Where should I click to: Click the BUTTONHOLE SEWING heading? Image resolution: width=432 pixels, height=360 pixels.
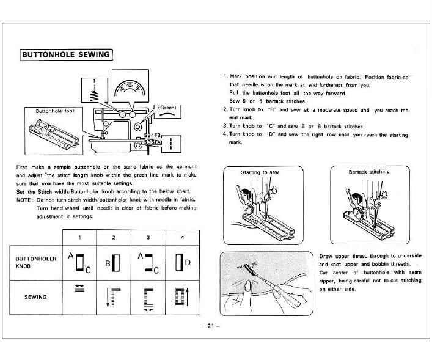click(66, 54)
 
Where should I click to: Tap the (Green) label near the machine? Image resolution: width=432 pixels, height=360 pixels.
click(167, 106)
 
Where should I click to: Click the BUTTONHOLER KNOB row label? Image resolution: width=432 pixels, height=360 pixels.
click(36, 262)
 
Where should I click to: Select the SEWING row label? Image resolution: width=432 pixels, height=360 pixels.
click(36, 296)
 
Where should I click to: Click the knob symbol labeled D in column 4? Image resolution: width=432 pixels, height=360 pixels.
click(181, 262)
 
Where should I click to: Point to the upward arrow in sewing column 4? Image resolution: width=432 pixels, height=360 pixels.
click(188, 298)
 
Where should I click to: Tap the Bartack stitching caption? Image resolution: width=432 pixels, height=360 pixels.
click(368, 172)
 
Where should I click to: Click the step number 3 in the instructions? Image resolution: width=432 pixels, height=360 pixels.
click(225, 126)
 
